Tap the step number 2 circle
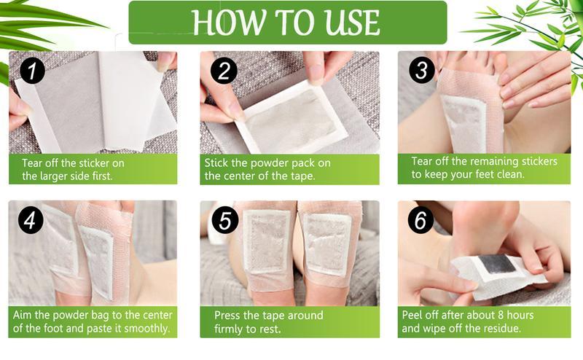tap(224, 73)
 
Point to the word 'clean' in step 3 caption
tap(510, 175)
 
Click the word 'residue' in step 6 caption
tap(502, 328)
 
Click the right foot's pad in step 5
tap(326, 245)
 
